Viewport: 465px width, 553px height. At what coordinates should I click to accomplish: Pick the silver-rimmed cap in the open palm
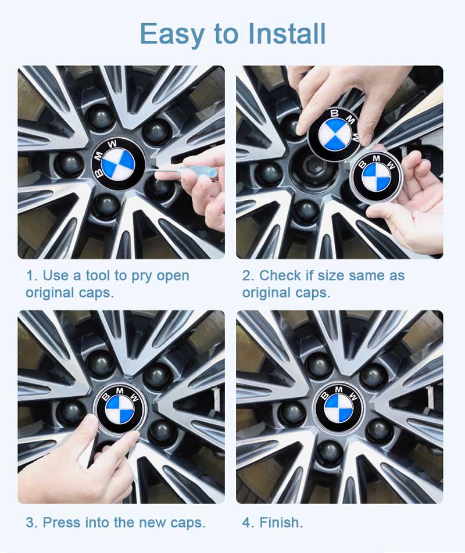pyautogui.click(x=377, y=177)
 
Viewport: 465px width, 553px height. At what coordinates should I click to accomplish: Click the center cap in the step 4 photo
pyautogui.click(x=339, y=407)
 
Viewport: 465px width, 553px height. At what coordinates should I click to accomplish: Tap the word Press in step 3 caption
pyautogui.click(x=62, y=522)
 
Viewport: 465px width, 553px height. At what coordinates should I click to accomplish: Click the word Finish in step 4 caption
pyautogui.click(x=281, y=522)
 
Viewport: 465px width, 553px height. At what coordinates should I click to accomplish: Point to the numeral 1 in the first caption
pyautogui.click(x=29, y=275)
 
